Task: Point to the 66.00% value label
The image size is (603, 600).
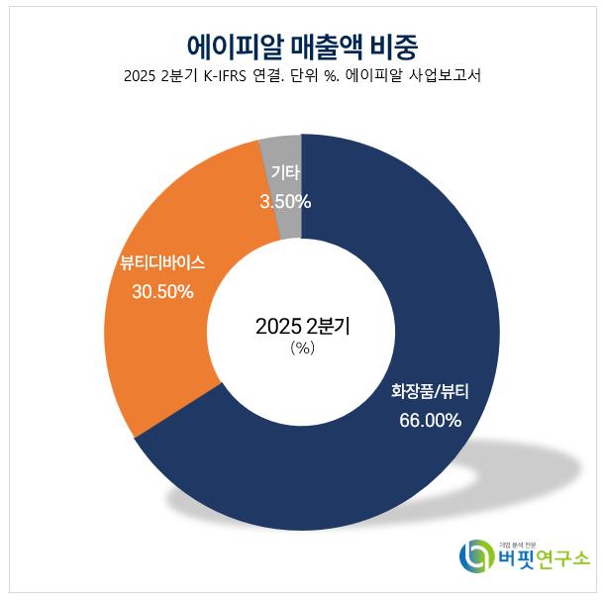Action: [430, 420]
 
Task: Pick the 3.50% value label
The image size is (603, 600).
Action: [285, 202]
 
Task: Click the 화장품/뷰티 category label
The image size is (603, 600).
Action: [430, 391]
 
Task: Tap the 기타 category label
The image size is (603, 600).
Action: [285, 174]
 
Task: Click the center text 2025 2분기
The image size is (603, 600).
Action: [302, 326]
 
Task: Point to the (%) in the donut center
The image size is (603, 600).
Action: [302, 349]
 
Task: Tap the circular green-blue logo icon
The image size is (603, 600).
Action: [474, 556]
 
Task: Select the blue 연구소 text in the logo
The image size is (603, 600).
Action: [562, 560]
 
